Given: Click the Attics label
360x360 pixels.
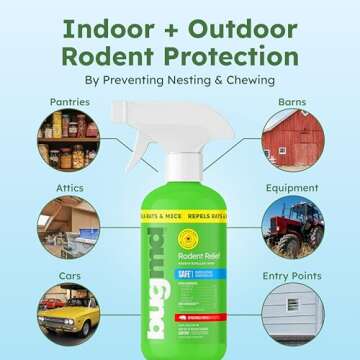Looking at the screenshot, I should tap(63, 187).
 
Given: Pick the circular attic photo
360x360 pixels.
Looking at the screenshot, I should tap(68, 224).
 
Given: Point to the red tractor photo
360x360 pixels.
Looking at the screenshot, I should tap(293, 224).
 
